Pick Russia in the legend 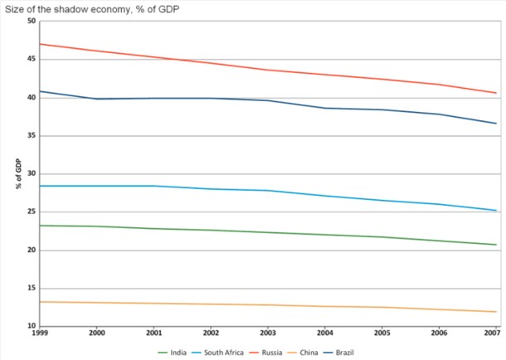click(x=276, y=353)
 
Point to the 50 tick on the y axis click(x=30, y=22)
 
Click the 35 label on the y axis click(x=30, y=136)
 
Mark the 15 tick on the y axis click(x=30, y=288)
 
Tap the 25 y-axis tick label click(x=30, y=212)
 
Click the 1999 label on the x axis click(x=38, y=333)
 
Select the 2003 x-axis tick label click(x=267, y=333)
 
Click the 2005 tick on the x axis click(x=382, y=333)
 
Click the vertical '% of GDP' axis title click(x=17, y=173)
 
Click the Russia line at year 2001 click(x=153, y=57)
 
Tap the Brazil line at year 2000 click(x=96, y=99)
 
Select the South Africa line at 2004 click(x=324, y=196)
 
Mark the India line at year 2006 click(x=439, y=241)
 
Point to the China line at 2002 click(x=211, y=304)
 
